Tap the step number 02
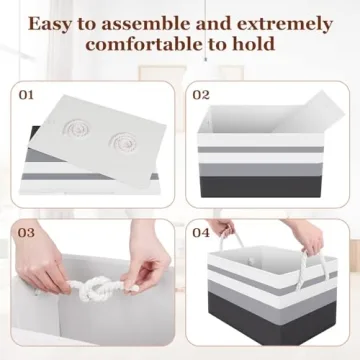click(201, 96)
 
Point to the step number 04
click(200, 233)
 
